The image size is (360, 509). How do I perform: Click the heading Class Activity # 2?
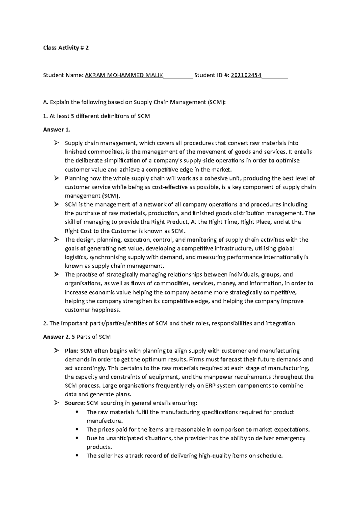pyautogui.click(x=66, y=48)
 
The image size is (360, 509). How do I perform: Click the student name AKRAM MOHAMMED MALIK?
pyautogui.click(x=124, y=75)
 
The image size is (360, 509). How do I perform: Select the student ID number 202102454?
pyautogui.click(x=246, y=75)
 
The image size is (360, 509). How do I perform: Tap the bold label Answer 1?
pyautogui.click(x=57, y=130)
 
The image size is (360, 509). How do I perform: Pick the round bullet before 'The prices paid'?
pyautogui.click(x=77, y=430)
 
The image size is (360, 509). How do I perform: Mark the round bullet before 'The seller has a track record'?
pyautogui.click(x=77, y=456)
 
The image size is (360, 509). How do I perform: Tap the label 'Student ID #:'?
pyautogui.click(x=212, y=75)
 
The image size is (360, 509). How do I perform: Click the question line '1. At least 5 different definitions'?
pyautogui.click(x=96, y=116)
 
